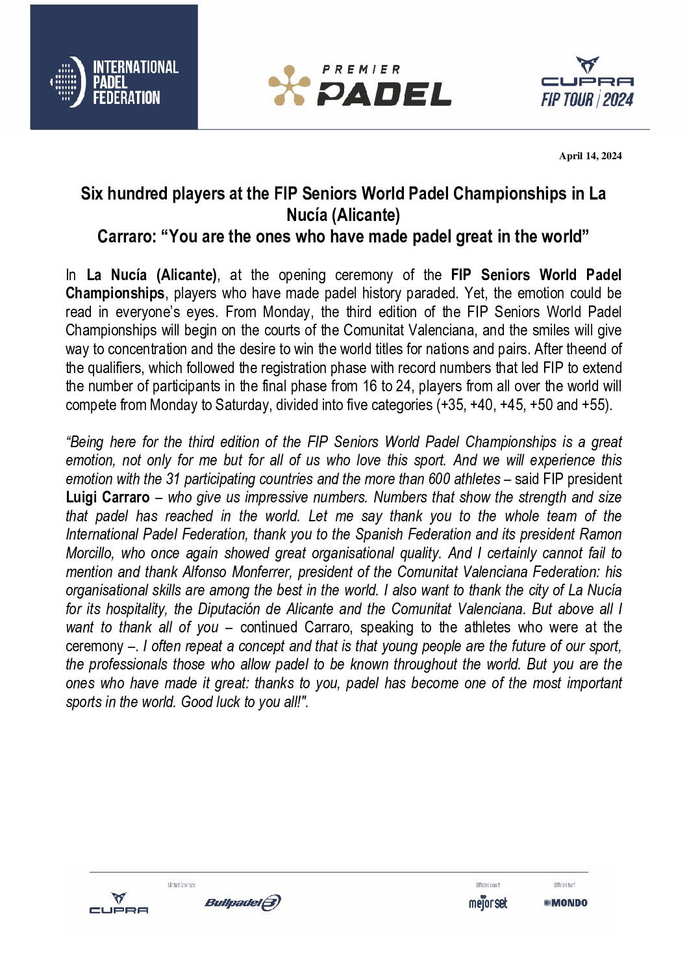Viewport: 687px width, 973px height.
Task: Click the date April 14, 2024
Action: (x=590, y=156)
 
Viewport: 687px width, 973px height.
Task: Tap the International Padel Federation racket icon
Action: (x=68, y=82)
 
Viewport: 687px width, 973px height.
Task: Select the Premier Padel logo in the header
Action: (x=360, y=85)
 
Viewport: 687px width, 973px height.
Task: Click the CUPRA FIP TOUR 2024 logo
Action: (x=587, y=83)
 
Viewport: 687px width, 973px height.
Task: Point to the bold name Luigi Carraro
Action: (x=108, y=498)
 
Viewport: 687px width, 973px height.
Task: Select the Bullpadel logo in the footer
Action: (x=242, y=903)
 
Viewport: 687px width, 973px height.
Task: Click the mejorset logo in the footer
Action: (x=488, y=903)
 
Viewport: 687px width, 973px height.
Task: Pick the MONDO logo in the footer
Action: (x=566, y=903)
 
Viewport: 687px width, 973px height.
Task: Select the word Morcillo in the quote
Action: (x=91, y=554)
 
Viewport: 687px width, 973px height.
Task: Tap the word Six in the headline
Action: (x=92, y=194)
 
